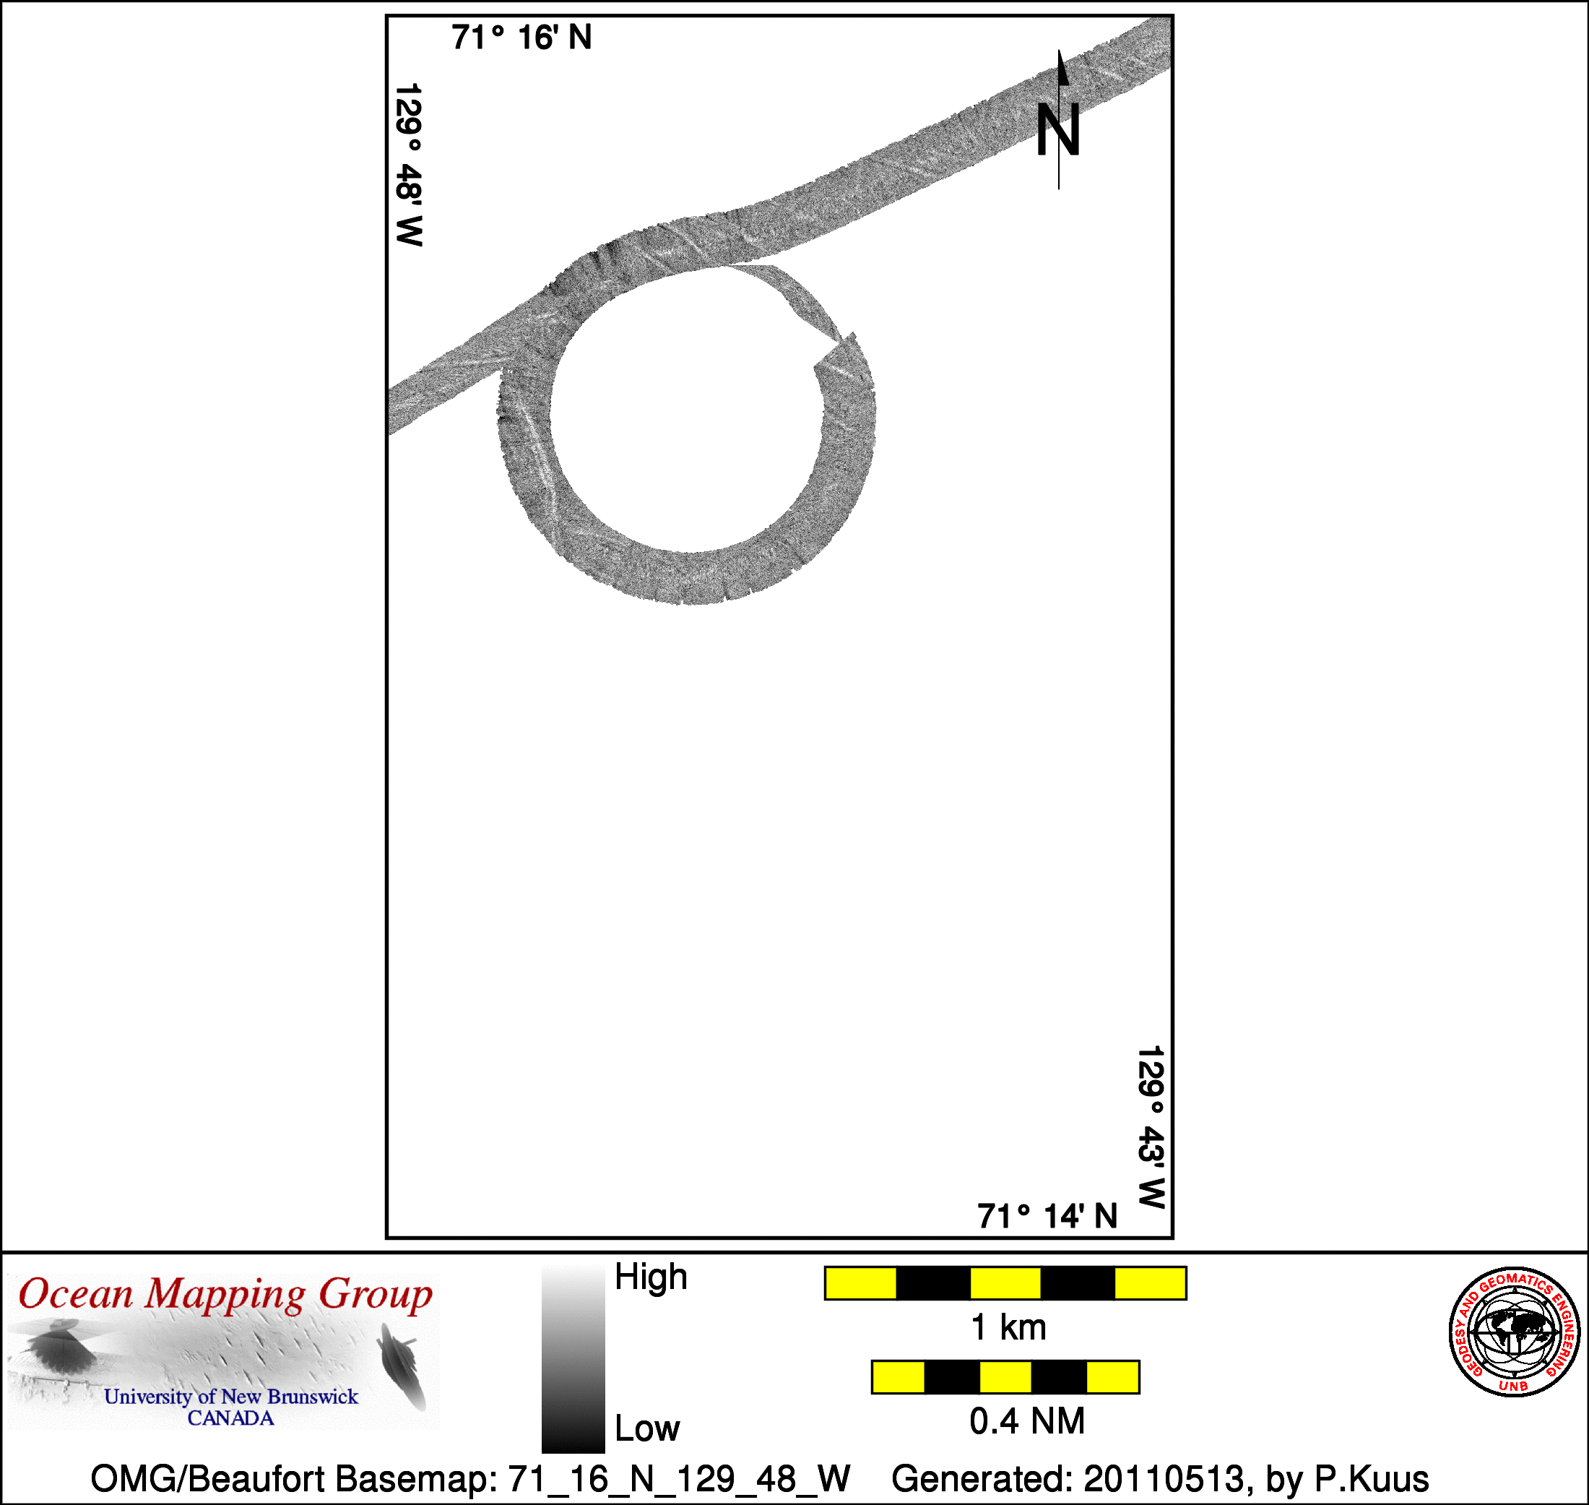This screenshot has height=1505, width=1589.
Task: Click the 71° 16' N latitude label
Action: tap(521, 38)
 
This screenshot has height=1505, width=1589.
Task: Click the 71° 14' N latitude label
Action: tap(1047, 1216)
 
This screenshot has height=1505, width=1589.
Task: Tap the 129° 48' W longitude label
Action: tap(408, 165)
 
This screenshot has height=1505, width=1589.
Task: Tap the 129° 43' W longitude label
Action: tap(1151, 1126)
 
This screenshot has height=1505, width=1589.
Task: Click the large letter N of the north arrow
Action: tap(1058, 129)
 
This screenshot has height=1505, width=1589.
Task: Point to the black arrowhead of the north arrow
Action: tap(1062, 67)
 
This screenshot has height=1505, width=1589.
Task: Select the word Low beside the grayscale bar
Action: tap(646, 1428)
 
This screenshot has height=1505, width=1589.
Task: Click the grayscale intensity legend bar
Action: tap(573, 1359)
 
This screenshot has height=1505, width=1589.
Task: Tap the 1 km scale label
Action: tap(1008, 1328)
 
